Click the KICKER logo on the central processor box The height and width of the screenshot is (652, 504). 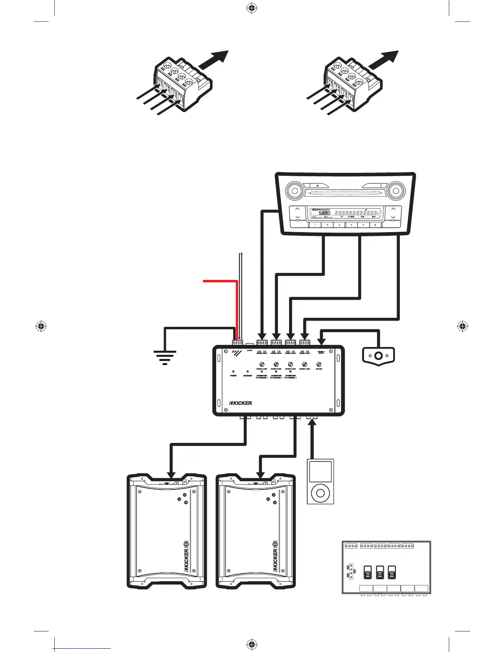tap(240, 403)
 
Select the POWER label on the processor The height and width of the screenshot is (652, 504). tap(233, 376)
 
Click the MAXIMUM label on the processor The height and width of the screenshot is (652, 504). tap(247, 376)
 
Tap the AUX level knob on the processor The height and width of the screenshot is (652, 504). tap(318, 364)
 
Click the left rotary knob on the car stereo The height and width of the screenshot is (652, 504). tap(294, 191)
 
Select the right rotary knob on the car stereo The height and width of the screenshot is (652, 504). tap(396, 191)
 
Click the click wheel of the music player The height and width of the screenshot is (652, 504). tap(320, 491)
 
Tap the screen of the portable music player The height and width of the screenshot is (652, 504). tap(320, 471)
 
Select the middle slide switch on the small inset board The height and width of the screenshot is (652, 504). tap(380, 572)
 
